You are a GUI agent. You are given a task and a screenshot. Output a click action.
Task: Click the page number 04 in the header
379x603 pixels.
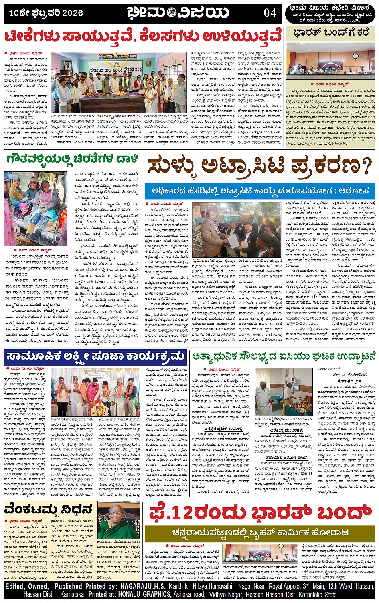[x=270, y=13]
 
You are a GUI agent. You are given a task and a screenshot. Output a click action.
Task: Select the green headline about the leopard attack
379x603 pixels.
[x=72, y=159]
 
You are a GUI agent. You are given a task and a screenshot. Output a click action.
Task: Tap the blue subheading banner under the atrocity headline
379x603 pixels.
[x=260, y=191]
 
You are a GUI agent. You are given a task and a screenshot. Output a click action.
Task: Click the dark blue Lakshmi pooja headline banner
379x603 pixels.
[x=95, y=356]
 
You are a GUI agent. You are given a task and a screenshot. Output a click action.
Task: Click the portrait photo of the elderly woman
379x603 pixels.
[x=119, y=521]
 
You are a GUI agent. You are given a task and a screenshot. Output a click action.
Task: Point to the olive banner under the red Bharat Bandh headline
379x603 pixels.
[x=260, y=532]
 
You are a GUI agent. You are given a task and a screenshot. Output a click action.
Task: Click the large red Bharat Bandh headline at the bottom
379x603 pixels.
[x=260, y=513]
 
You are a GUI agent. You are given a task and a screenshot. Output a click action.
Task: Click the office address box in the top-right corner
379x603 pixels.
[x=331, y=14]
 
